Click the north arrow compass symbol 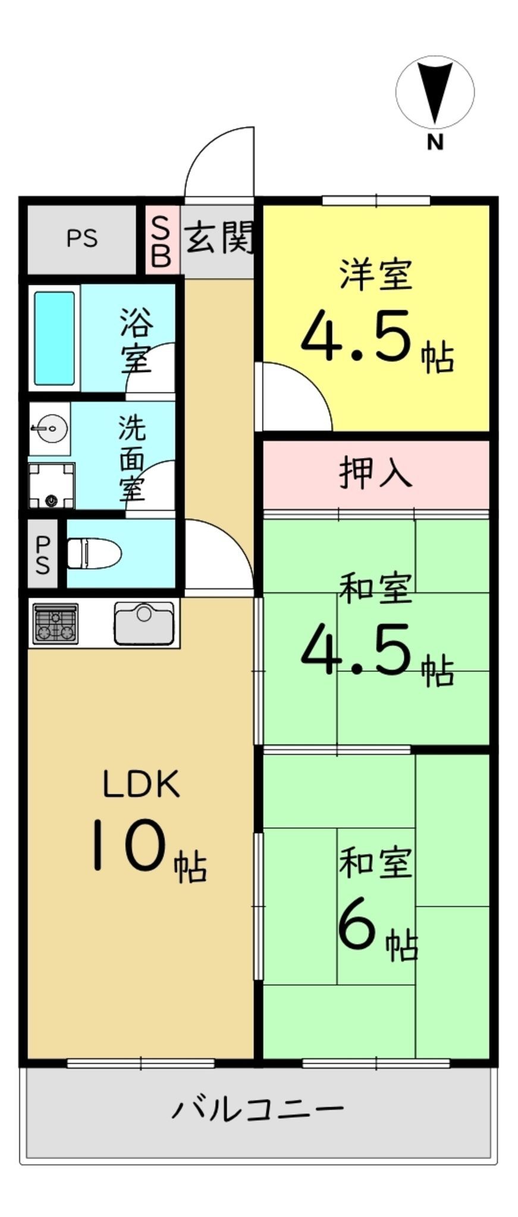(x=435, y=92)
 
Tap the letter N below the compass (x=435, y=143)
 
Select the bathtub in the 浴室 (x=55, y=338)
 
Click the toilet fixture (x=94, y=553)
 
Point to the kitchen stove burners (x=55, y=623)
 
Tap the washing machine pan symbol (x=52, y=486)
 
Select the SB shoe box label (x=161, y=240)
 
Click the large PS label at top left (x=82, y=238)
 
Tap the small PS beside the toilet (x=42, y=554)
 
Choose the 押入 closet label (x=375, y=473)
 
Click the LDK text (x=141, y=784)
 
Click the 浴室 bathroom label (x=136, y=340)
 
